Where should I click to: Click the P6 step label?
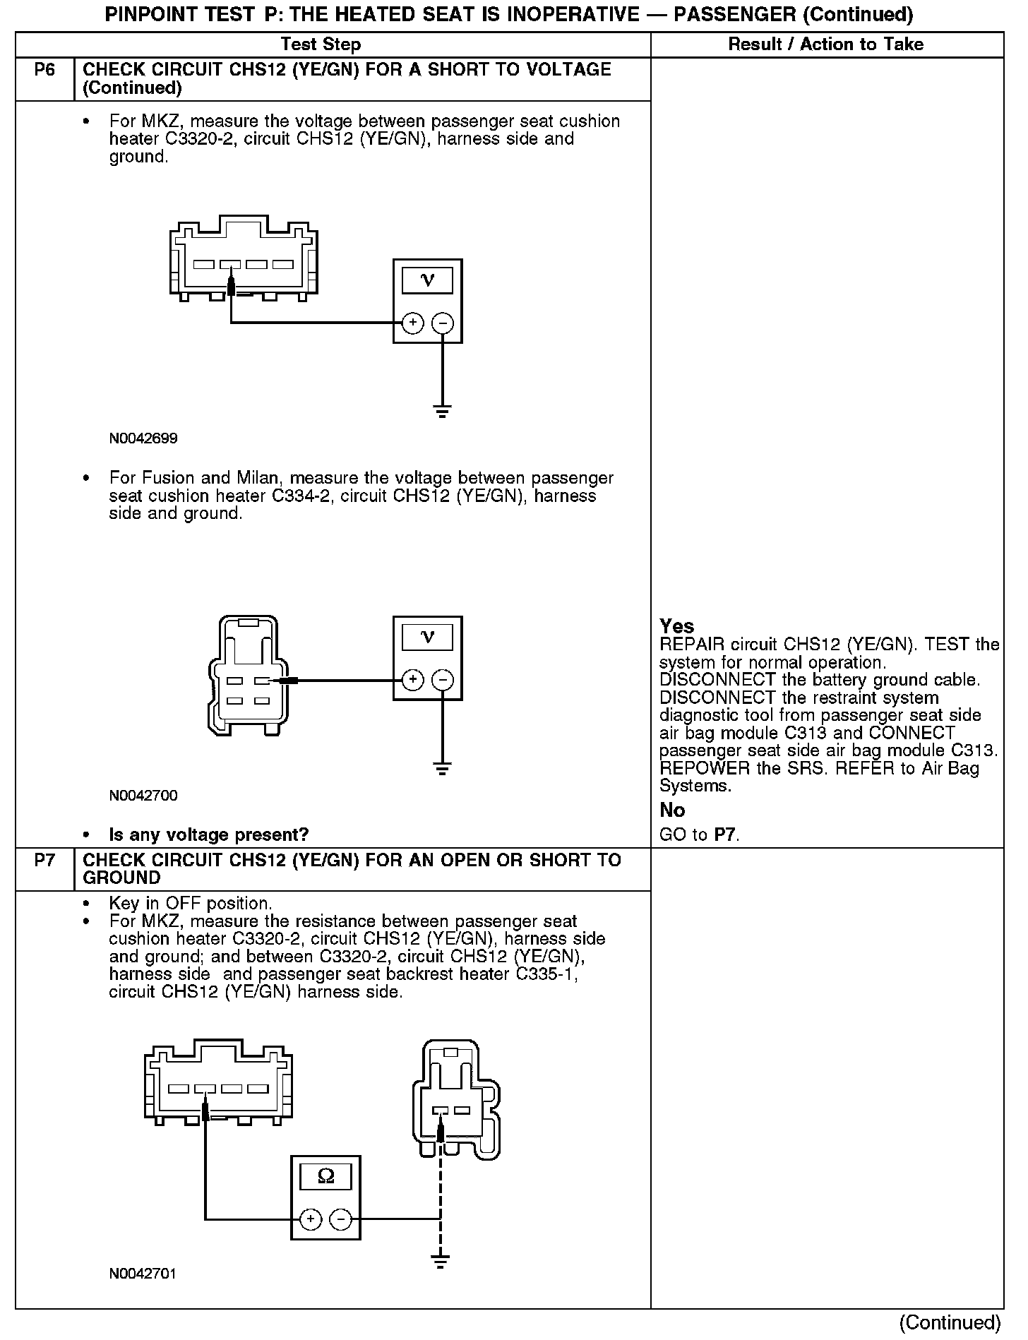[44, 70]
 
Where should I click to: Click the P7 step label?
[44, 861]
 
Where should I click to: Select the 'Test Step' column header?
[321, 44]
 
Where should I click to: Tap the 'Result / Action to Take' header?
[825, 44]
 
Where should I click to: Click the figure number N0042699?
[143, 438]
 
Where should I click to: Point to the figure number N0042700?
[143, 796]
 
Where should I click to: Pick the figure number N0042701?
[143, 1274]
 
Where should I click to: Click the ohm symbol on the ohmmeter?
[326, 1176]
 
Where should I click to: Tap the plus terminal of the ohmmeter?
[311, 1219]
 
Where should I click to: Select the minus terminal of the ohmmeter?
[341, 1219]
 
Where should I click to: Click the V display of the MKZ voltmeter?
[427, 280]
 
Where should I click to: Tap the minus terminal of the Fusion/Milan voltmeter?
[443, 681]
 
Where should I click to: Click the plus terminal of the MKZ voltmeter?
[412, 323]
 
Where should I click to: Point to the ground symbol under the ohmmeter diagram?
[440, 1261]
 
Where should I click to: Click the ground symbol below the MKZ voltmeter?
[442, 411]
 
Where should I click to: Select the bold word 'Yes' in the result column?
[676, 626]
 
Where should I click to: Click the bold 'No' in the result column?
[672, 810]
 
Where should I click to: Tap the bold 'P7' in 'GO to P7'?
[726, 835]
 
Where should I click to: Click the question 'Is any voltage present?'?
[208, 835]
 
